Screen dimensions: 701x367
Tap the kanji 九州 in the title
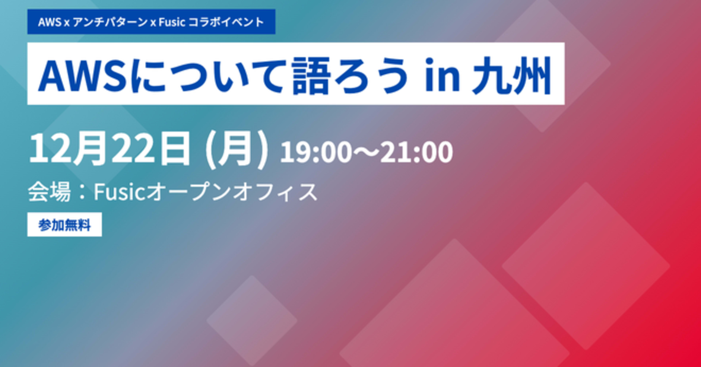[512, 75]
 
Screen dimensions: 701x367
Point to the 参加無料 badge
[64, 225]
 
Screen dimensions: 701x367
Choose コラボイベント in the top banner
[226, 22]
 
